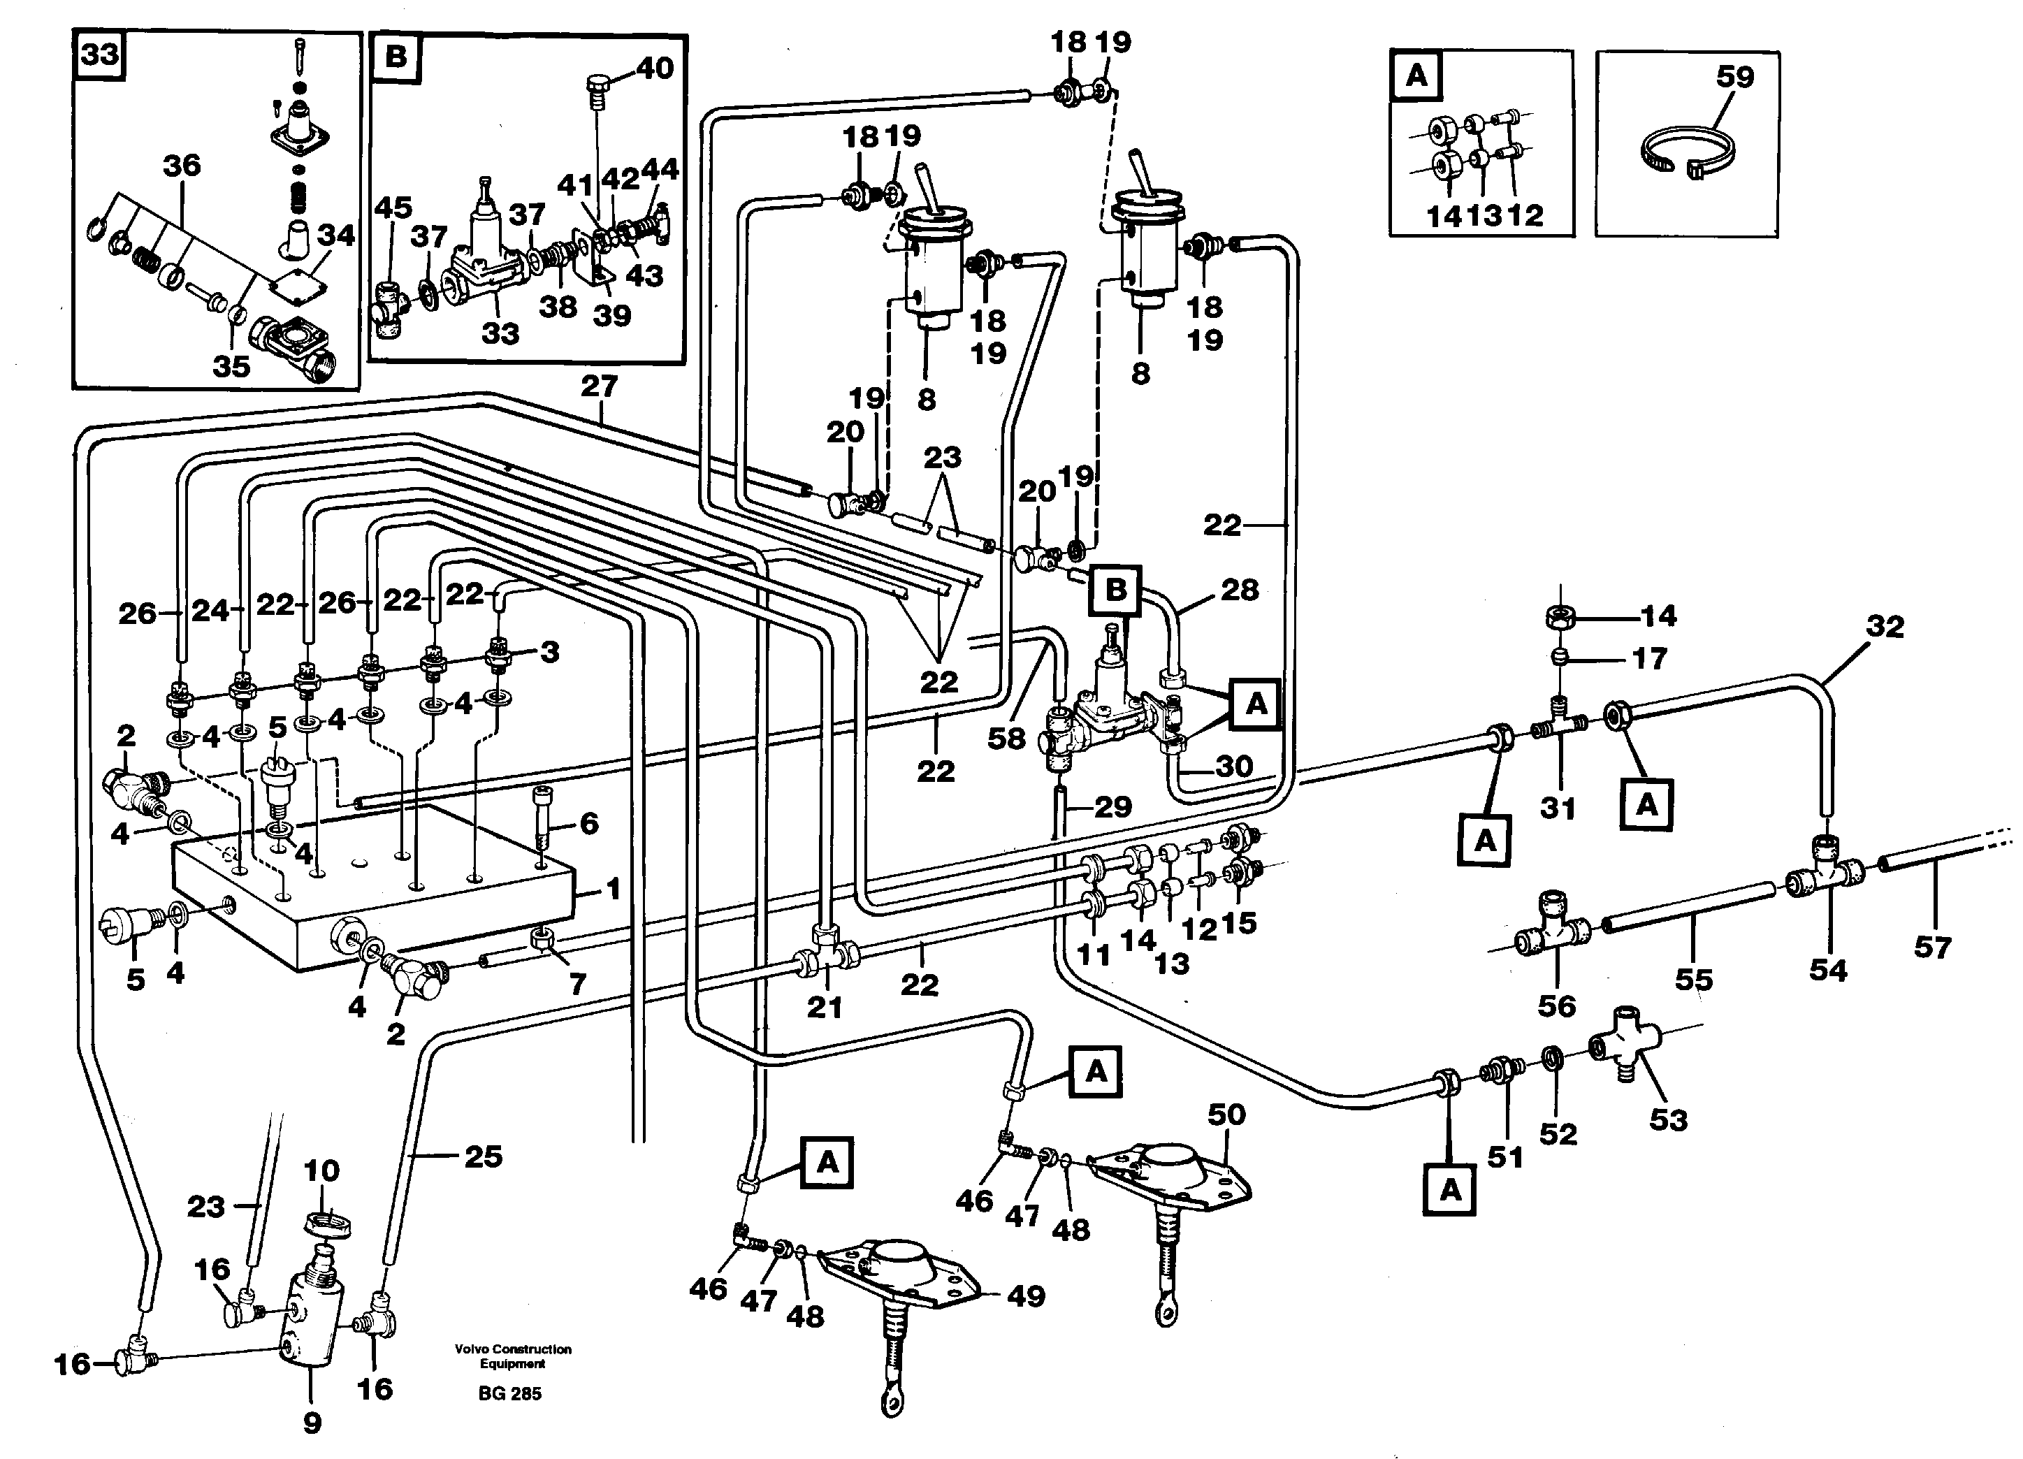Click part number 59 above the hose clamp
(1735, 77)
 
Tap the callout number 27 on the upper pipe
(599, 386)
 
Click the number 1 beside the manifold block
(613, 888)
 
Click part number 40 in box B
(655, 68)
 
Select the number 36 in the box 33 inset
(181, 165)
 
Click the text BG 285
(509, 1393)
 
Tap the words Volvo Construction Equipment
(512, 1356)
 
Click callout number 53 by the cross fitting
(1668, 1119)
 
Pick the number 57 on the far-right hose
(1932, 946)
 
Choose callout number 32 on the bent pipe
(1885, 626)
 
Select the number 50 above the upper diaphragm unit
(1226, 1114)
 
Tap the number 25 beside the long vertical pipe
(483, 1156)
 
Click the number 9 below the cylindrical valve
(311, 1423)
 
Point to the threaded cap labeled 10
(327, 1223)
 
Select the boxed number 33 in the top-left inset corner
(100, 55)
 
